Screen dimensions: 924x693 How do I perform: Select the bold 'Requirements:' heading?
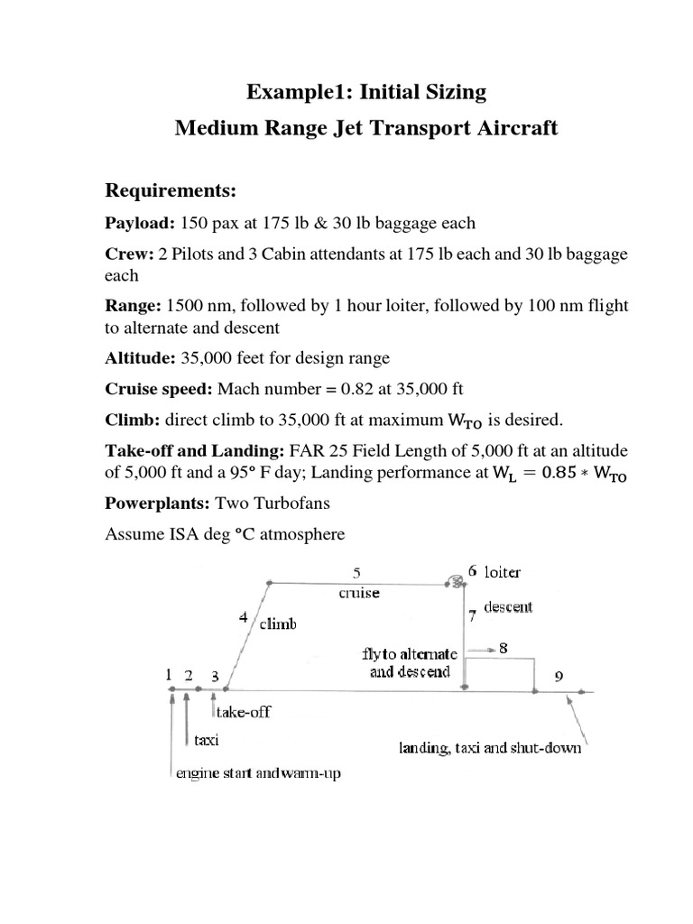[x=171, y=189]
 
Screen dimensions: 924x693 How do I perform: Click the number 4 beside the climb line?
[x=243, y=618]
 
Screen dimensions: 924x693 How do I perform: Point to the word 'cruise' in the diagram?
[x=358, y=593]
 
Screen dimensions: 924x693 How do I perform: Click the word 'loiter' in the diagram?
[x=504, y=572]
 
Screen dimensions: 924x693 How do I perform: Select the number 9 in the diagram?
[x=559, y=676]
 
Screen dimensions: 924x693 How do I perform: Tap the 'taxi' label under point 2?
[x=207, y=740]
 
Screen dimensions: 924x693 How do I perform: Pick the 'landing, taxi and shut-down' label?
[x=490, y=748]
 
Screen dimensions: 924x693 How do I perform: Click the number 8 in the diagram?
[x=504, y=647]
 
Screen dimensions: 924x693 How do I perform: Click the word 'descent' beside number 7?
[x=508, y=607]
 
